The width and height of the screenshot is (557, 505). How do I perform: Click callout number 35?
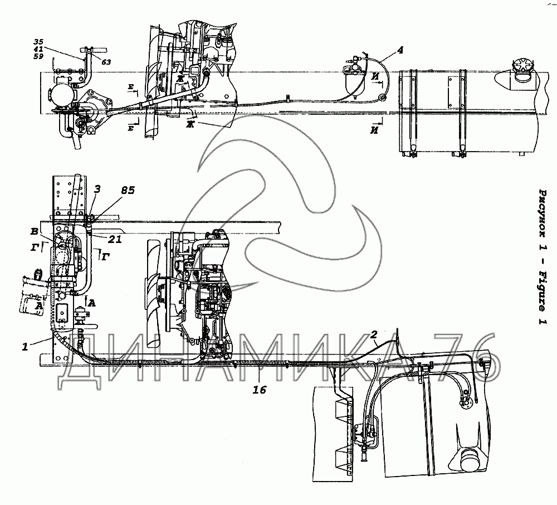(38, 42)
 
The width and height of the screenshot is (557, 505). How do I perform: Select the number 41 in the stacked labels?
(38, 49)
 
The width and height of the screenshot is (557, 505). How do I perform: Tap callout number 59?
(38, 56)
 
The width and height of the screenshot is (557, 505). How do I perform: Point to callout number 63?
(106, 62)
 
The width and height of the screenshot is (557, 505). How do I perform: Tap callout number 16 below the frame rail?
(260, 390)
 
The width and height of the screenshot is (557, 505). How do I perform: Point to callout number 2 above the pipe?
(374, 334)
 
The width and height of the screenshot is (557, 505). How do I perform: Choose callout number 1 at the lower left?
(25, 347)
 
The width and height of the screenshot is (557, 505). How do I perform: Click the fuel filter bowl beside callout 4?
(353, 86)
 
